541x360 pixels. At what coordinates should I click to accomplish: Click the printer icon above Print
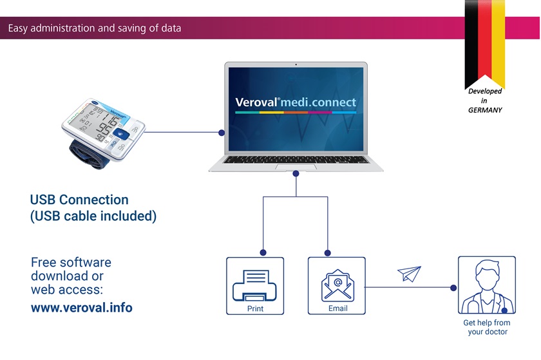point(254,285)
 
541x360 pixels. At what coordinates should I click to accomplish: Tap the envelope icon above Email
point(337,285)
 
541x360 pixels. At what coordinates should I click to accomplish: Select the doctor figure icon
point(486,287)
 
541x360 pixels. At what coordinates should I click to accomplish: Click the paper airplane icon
point(410,273)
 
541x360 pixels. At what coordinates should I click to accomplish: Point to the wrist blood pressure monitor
point(103,133)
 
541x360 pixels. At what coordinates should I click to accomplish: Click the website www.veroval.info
point(81,308)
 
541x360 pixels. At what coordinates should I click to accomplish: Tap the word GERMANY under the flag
point(485,110)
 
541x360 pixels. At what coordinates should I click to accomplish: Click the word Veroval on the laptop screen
point(256,102)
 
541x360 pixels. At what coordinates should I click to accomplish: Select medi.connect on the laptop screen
point(318,102)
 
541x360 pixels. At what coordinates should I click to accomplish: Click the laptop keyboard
point(296,160)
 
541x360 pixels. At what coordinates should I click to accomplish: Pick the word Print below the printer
point(255,308)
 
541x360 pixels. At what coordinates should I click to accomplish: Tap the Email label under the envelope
point(337,308)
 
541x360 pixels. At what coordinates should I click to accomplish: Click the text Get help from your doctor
point(487,327)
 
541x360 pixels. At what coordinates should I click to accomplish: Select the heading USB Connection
point(79,200)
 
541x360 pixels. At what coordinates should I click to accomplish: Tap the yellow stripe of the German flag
point(498,42)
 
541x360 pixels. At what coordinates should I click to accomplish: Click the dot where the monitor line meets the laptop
point(222,133)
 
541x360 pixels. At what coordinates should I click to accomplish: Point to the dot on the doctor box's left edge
point(453,287)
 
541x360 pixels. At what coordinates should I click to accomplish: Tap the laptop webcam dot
point(296,64)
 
